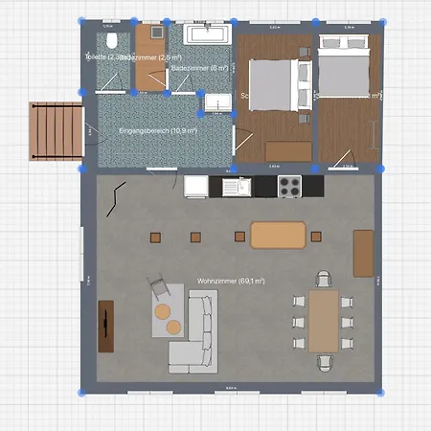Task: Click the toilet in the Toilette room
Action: [x=112, y=41]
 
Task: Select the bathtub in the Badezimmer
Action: [x=208, y=35]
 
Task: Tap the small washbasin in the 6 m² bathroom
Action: [x=217, y=104]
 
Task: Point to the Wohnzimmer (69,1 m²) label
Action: [x=231, y=281]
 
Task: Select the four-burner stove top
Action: [x=290, y=186]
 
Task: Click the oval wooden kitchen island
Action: [x=278, y=235]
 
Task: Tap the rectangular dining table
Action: [x=323, y=321]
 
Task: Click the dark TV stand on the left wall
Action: [x=105, y=327]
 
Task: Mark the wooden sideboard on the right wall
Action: [x=363, y=251]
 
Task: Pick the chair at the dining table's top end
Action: [x=324, y=280]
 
